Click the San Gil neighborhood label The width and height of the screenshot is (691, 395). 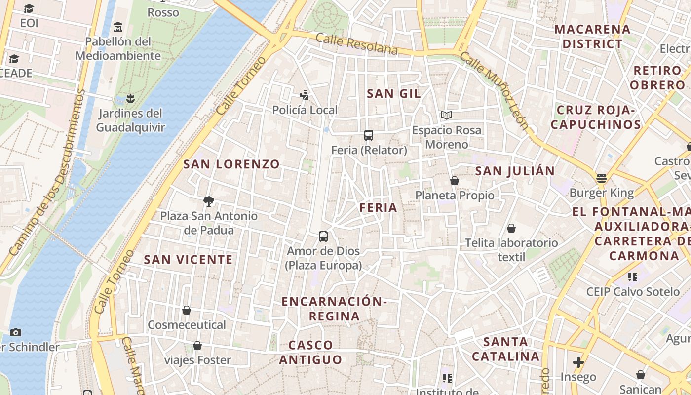pyautogui.click(x=393, y=93)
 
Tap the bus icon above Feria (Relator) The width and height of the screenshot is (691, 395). pyautogui.click(x=368, y=135)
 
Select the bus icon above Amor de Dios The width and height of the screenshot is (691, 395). pyautogui.click(x=323, y=237)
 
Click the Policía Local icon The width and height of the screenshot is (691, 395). pyautogui.click(x=305, y=95)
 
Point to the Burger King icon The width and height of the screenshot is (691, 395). pyautogui.click(x=601, y=178)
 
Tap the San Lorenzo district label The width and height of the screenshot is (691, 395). pyautogui.click(x=231, y=164)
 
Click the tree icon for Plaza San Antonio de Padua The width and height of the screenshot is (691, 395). pyautogui.click(x=209, y=201)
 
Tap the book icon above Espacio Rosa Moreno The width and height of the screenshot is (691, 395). pyautogui.click(x=447, y=116)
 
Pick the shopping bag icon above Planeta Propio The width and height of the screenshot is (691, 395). pyautogui.click(x=455, y=181)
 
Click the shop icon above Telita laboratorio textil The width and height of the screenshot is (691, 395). pyautogui.click(x=511, y=228)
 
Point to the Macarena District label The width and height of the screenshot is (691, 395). pyautogui.click(x=592, y=37)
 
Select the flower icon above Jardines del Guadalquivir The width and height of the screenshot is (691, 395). pyautogui.click(x=130, y=98)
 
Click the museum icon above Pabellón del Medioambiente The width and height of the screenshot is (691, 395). pyautogui.click(x=118, y=26)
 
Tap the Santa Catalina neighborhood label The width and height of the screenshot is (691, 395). pyautogui.click(x=505, y=349)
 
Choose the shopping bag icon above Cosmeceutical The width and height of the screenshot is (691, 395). pyautogui.click(x=187, y=310)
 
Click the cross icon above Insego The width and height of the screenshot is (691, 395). pyautogui.click(x=578, y=362)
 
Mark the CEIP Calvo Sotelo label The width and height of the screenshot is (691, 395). pyautogui.click(x=633, y=292)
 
